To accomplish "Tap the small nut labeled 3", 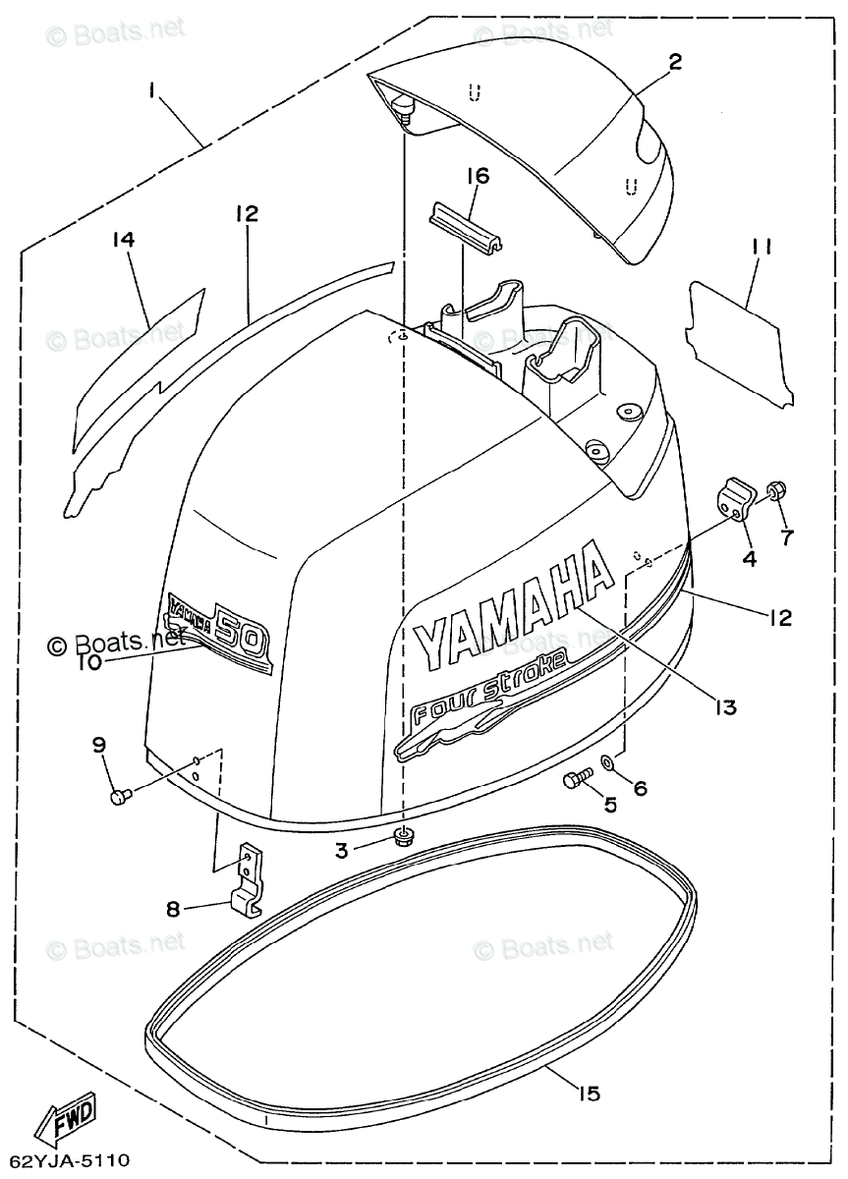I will pyautogui.click(x=401, y=836).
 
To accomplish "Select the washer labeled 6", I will pyautogui.click(x=609, y=761).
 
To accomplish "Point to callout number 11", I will pyautogui.click(x=760, y=248).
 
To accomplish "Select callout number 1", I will pyautogui.click(x=152, y=89).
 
